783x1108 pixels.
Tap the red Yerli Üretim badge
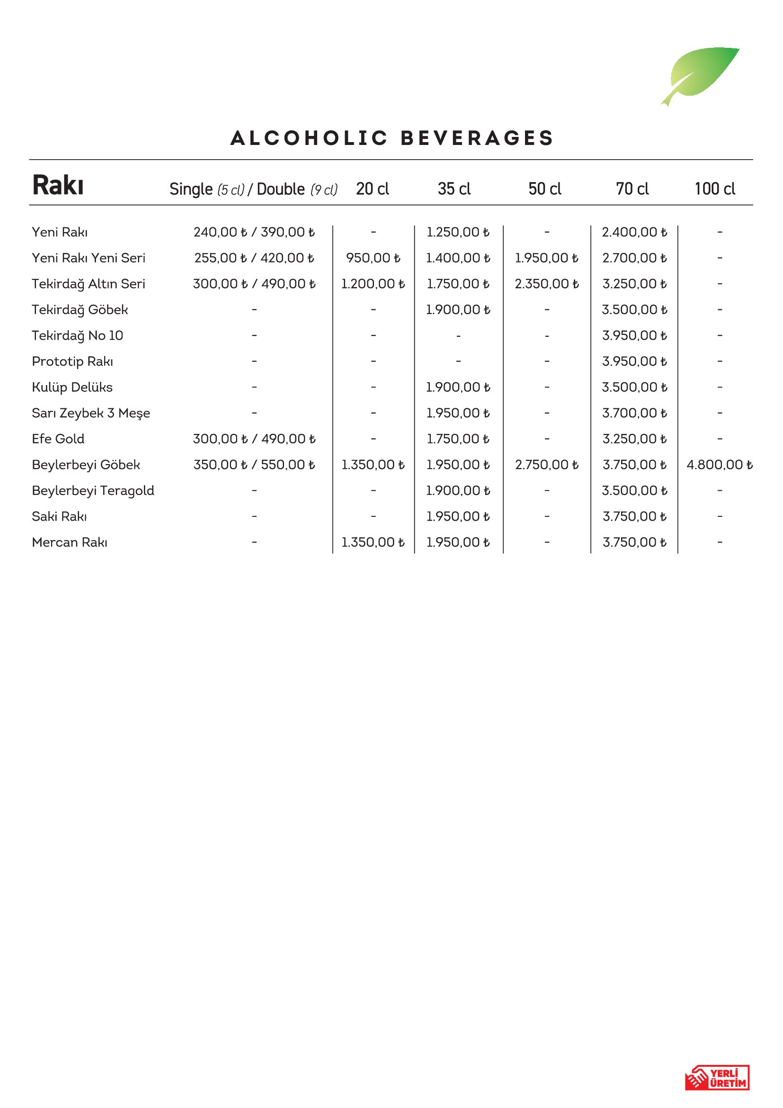click(717, 1078)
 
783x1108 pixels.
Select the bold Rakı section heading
click(58, 185)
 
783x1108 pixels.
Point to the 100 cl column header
click(714, 189)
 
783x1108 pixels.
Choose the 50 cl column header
click(545, 189)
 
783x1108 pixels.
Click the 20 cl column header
click(372, 189)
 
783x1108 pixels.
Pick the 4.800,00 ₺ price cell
click(720, 465)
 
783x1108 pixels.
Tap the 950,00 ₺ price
click(373, 258)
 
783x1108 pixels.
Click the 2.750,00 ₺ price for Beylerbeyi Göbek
click(547, 465)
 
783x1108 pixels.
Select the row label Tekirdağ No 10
click(78, 335)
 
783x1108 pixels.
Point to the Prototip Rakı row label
click(72, 361)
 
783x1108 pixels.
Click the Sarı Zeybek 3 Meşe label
click(90, 413)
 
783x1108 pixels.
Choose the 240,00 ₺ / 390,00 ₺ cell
click(254, 232)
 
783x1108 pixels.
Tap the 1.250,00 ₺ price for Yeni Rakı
click(458, 232)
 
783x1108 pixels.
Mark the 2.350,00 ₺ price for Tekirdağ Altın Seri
click(547, 284)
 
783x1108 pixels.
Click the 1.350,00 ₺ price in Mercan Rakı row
click(373, 542)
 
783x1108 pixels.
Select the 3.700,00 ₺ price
click(634, 413)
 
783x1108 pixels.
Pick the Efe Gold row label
click(58, 439)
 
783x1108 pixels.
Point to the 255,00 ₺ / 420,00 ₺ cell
click(254, 258)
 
